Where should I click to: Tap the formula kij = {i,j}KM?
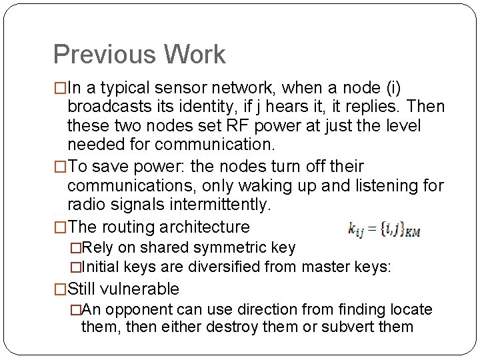click(x=383, y=230)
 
